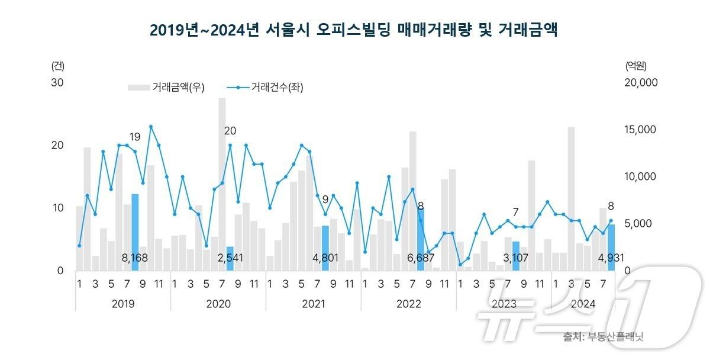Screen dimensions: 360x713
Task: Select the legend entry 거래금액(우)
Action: click(x=166, y=88)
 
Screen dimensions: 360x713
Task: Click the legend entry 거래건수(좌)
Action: click(x=265, y=88)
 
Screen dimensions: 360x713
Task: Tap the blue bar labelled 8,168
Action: click(x=135, y=232)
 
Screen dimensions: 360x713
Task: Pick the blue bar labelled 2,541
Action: click(x=230, y=258)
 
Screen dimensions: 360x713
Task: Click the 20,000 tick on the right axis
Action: click(x=641, y=83)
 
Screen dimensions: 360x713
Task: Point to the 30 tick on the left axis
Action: click(x=57, y=83)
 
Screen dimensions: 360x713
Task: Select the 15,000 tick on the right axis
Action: click(x=641, y=130)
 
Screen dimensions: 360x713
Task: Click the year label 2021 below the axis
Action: click(x=313, y=304)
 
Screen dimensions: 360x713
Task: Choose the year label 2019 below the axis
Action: click(x=122, y=304)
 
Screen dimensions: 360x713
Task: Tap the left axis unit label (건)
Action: click(x=58, y=65)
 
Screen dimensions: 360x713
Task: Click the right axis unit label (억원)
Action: click(x=636, y=65)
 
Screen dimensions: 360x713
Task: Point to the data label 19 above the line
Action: click(x=135, y=137)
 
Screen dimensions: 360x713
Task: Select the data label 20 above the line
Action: click(x=230, y=131)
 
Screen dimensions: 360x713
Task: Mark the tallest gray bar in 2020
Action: click(x=222, y=184)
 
